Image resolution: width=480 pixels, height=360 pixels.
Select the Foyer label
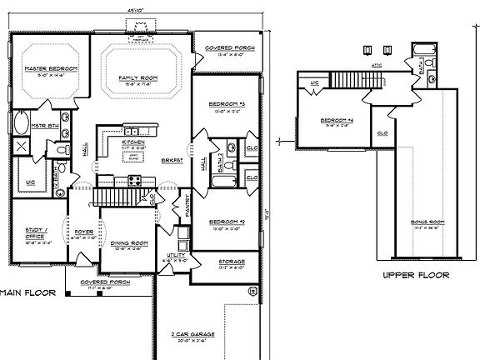(83, 232)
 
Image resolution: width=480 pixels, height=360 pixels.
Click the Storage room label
(231, 262)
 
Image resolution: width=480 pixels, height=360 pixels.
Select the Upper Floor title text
(415, 274)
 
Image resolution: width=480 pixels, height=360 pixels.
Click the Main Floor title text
(27, 292)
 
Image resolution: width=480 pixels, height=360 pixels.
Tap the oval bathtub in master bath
(22, 125)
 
